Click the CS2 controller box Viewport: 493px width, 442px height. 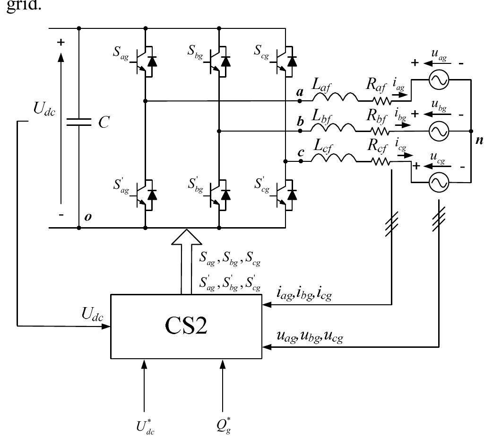pos(186,326)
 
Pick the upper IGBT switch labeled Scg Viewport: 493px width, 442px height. pos(285,62)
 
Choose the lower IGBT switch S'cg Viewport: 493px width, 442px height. pos(285,194)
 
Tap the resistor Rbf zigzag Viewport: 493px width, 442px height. pos(380,131)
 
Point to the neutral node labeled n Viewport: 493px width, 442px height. pos(479,141)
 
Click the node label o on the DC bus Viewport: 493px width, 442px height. pos(87,217)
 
